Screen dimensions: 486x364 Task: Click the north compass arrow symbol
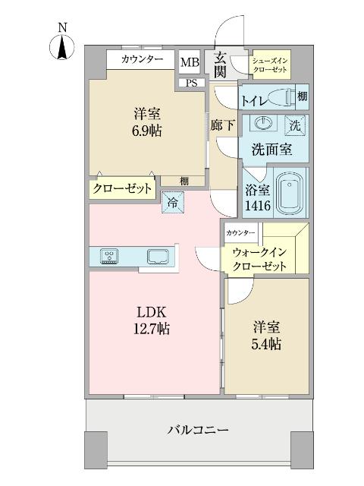(x=63, y=48)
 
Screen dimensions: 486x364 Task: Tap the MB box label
(x=188, y=62)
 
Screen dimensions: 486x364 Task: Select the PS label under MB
(x=192, y=82)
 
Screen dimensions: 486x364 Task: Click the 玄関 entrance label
(x=220, y=64)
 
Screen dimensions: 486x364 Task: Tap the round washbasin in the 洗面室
(x=265, y=124)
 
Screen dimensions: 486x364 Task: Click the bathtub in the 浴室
(x=289, y=196)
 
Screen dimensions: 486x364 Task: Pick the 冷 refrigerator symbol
(x=172, y=202)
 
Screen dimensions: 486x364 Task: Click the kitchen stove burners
(x=108, y=256)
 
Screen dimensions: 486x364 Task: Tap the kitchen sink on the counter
(x=158, y=256)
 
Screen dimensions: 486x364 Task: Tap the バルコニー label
(x=198, y=431)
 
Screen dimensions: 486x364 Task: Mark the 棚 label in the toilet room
(x=302, y=96)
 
